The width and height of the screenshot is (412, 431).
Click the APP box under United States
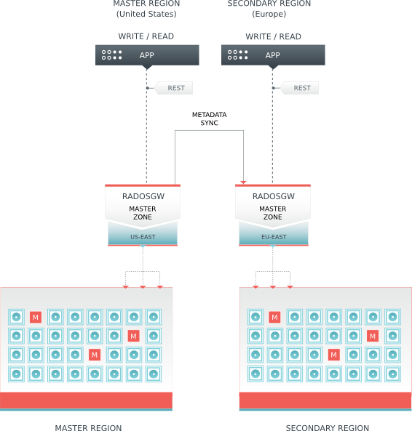click(x=146, y=55)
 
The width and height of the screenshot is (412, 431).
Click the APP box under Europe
click(x=272, y=55)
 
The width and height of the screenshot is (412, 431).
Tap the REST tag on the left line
click(x=175, y=88)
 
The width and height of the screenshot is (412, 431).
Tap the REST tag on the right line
click(x=301, y=88)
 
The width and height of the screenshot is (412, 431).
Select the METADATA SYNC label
click(x=209, y=119)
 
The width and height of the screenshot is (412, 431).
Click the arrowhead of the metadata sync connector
click(x=244, y=181)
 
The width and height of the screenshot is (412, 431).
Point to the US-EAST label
click(x=143, y=237)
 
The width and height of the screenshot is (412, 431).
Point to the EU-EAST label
click(x=273, y=237)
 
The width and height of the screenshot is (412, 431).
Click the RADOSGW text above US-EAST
click(x=143, y=196)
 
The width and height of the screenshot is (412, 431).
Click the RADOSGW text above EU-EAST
click(x=273, y=196)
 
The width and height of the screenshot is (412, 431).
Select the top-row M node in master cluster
click(x=35, y=317)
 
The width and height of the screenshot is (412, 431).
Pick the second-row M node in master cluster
click(x=133, y=336)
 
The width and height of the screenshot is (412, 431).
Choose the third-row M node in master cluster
click(x=94, y=355)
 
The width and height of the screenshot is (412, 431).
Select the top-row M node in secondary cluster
click(x=274, y=317)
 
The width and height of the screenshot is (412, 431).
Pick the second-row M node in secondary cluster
click(x=373, y=336)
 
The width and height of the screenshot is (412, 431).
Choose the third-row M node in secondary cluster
click(x=333, y=355)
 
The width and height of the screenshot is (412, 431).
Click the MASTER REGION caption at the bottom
click(x=88, y=428)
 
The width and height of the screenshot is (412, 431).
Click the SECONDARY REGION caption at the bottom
click(x=327, y=428)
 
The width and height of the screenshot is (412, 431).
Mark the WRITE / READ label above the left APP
click(x=146, y=36)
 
